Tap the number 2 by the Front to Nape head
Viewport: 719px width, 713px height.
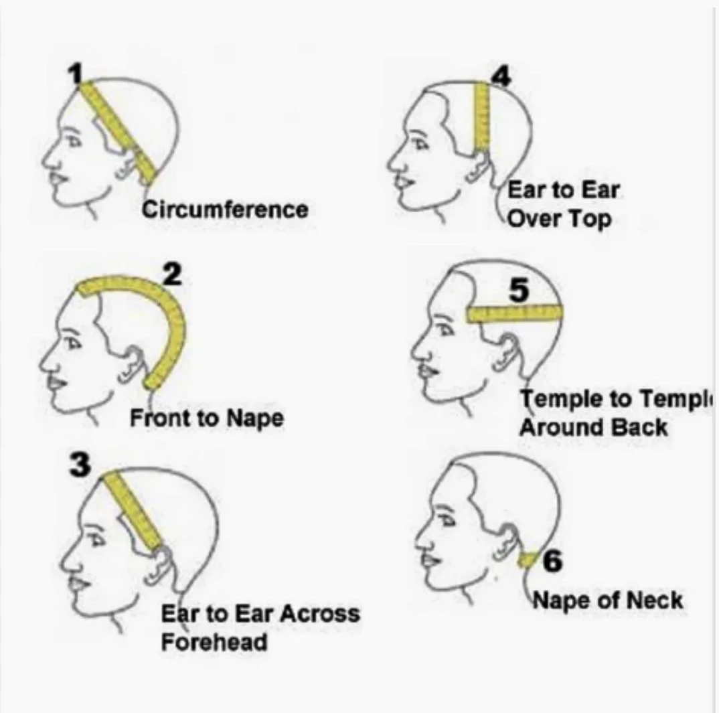pos(171,274)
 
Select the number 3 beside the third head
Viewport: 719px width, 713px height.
pos(80,464)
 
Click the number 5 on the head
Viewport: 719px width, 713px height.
pos(518,291)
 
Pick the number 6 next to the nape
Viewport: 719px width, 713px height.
pos(552,560)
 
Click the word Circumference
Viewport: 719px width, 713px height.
pos(225,210)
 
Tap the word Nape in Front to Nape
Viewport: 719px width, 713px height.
pos(255,418)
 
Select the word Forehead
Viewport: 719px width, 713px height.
pos(214,641)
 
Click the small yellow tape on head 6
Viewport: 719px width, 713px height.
pos(530,560)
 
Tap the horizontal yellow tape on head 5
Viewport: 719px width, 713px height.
pos(514,312)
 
